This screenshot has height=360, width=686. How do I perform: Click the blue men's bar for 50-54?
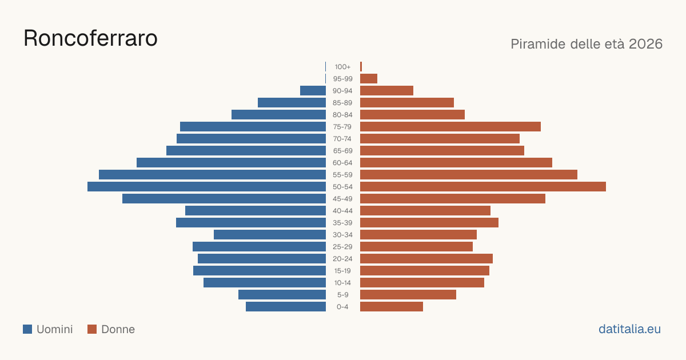[x=207, y=187]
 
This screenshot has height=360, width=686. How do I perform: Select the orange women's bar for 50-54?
[x=483, y=187]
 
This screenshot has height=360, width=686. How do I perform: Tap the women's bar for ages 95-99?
[x=369, y=79]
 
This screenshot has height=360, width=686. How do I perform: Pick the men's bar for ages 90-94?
[x=313, y=91]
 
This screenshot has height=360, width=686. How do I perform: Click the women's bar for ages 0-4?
[x=392, y=307]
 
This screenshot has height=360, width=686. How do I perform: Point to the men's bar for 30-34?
[x=270, y=235]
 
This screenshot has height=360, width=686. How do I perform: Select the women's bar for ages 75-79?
[x=450, y=127]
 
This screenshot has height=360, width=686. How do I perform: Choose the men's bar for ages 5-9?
[x=282, y=295]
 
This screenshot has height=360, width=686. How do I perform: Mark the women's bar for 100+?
[x=361, y=67]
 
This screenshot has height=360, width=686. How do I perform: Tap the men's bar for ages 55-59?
[x=212, y=175]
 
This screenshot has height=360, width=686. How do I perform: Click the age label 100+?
[x=342, y=67]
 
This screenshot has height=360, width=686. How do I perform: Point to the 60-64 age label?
[x=342, y=163]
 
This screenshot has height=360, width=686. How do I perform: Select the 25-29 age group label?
[x=342, y=247]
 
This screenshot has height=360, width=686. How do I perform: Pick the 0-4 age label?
[x=342, y=307]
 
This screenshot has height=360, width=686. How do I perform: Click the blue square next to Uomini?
[x=27, y=329]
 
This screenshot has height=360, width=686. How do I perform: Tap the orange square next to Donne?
[x=92, y=329]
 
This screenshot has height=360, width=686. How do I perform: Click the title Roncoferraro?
[x=91, y=38]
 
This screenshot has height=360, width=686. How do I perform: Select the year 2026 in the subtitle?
[x=645, y=44]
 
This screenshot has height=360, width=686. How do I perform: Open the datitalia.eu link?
[x=629, y=329]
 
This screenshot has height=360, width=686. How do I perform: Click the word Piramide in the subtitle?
[x=538, y=44]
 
